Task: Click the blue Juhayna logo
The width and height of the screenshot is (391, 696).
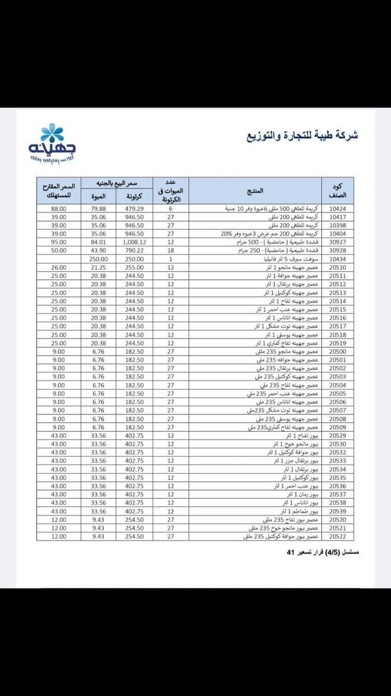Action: click(53, 142)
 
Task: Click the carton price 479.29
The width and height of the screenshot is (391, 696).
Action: click(133, 209)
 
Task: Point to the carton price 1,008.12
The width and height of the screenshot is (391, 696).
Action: click(133, 242)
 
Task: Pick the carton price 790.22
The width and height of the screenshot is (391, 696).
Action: click(133, 250)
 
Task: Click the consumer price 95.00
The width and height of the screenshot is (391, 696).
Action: click(59, 242)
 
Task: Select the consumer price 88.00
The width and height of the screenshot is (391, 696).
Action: click(59, 209)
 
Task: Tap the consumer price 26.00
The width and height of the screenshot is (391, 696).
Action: click(59, 267)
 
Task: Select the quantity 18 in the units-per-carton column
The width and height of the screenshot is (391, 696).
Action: click(171, 250)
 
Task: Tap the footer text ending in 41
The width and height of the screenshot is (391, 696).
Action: click(323, 552)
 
